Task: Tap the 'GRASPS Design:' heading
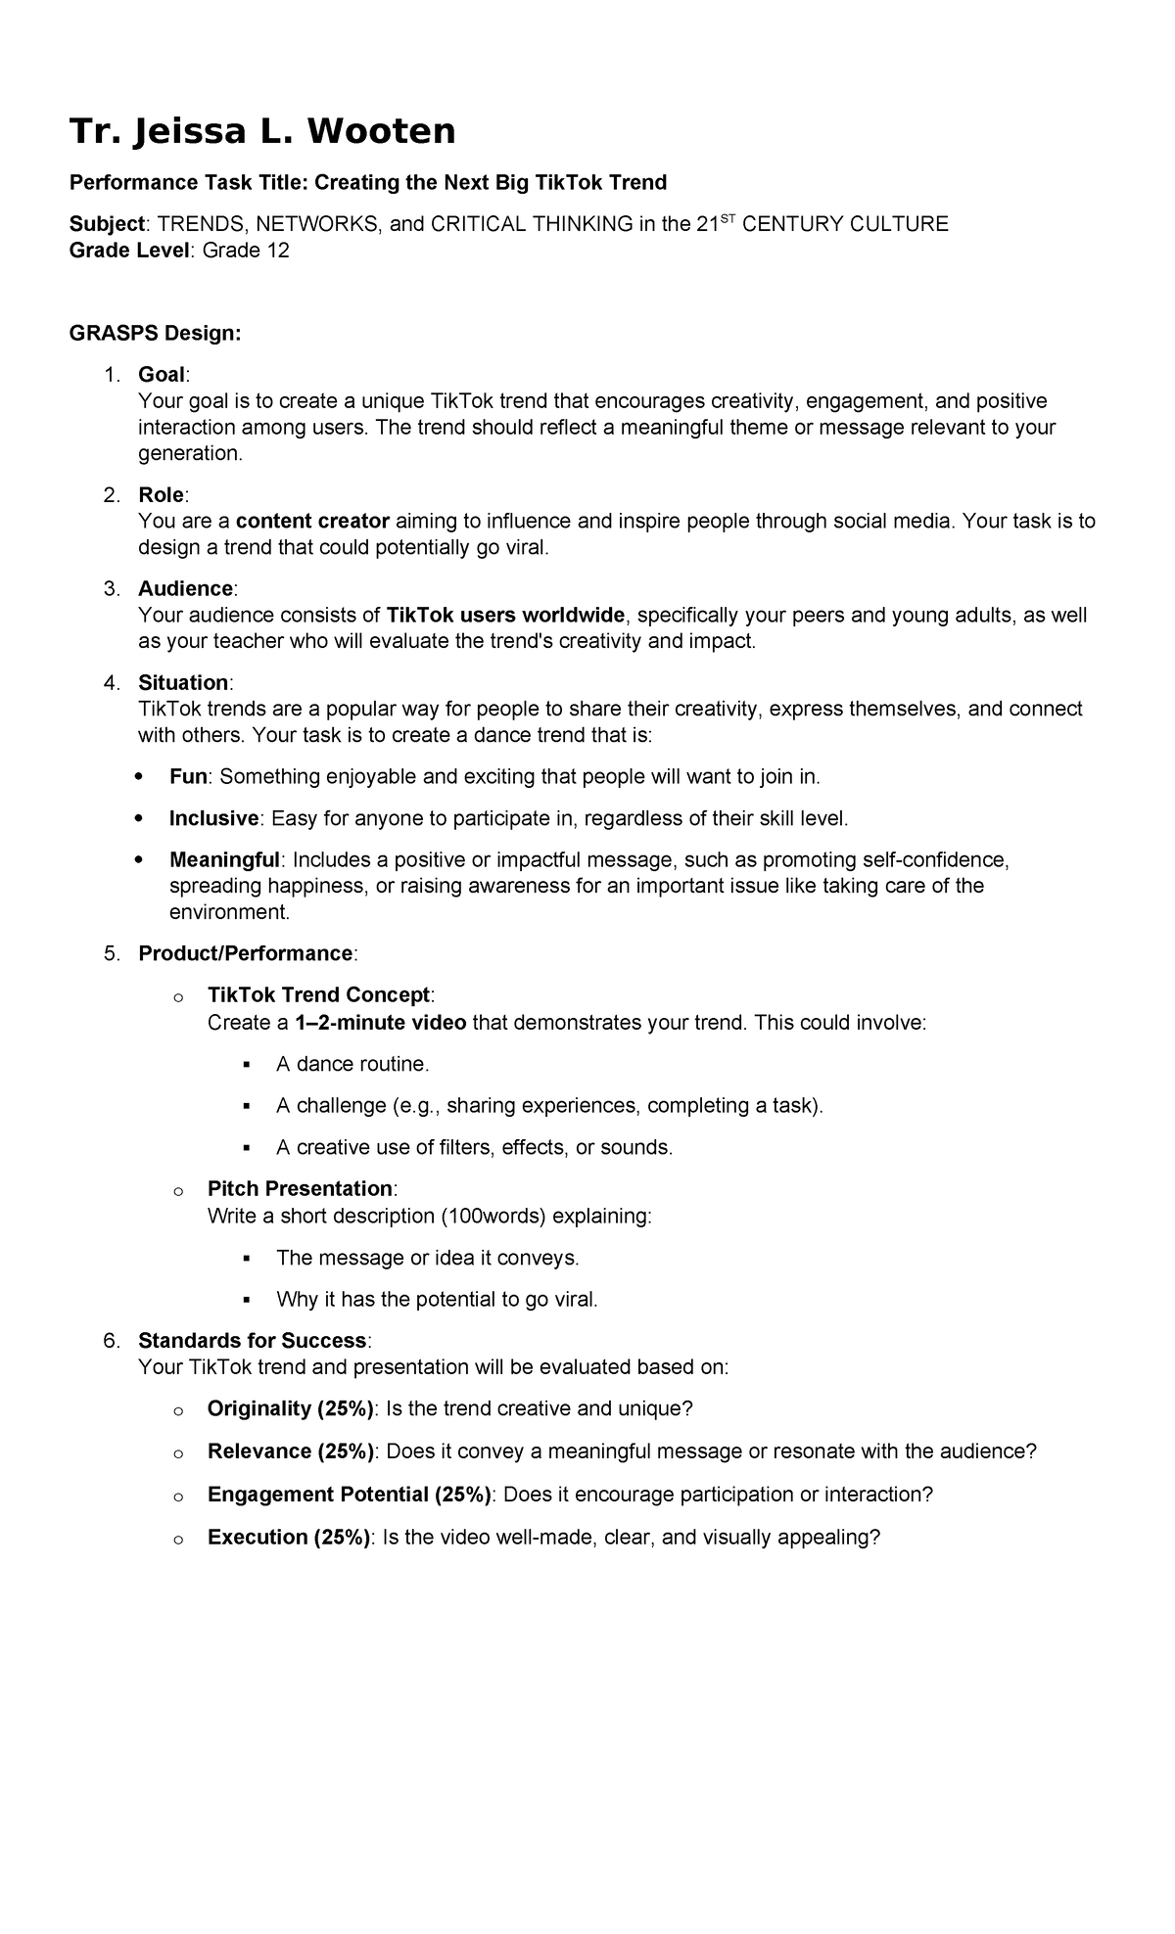155,334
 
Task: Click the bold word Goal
162,375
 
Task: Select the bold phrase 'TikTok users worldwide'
505,616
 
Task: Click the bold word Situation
183,682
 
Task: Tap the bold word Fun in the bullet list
188,777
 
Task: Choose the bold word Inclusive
213,818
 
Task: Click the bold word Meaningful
224,860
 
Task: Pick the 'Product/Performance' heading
245,953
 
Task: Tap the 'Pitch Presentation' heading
300,1189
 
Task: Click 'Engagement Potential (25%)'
350,1495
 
